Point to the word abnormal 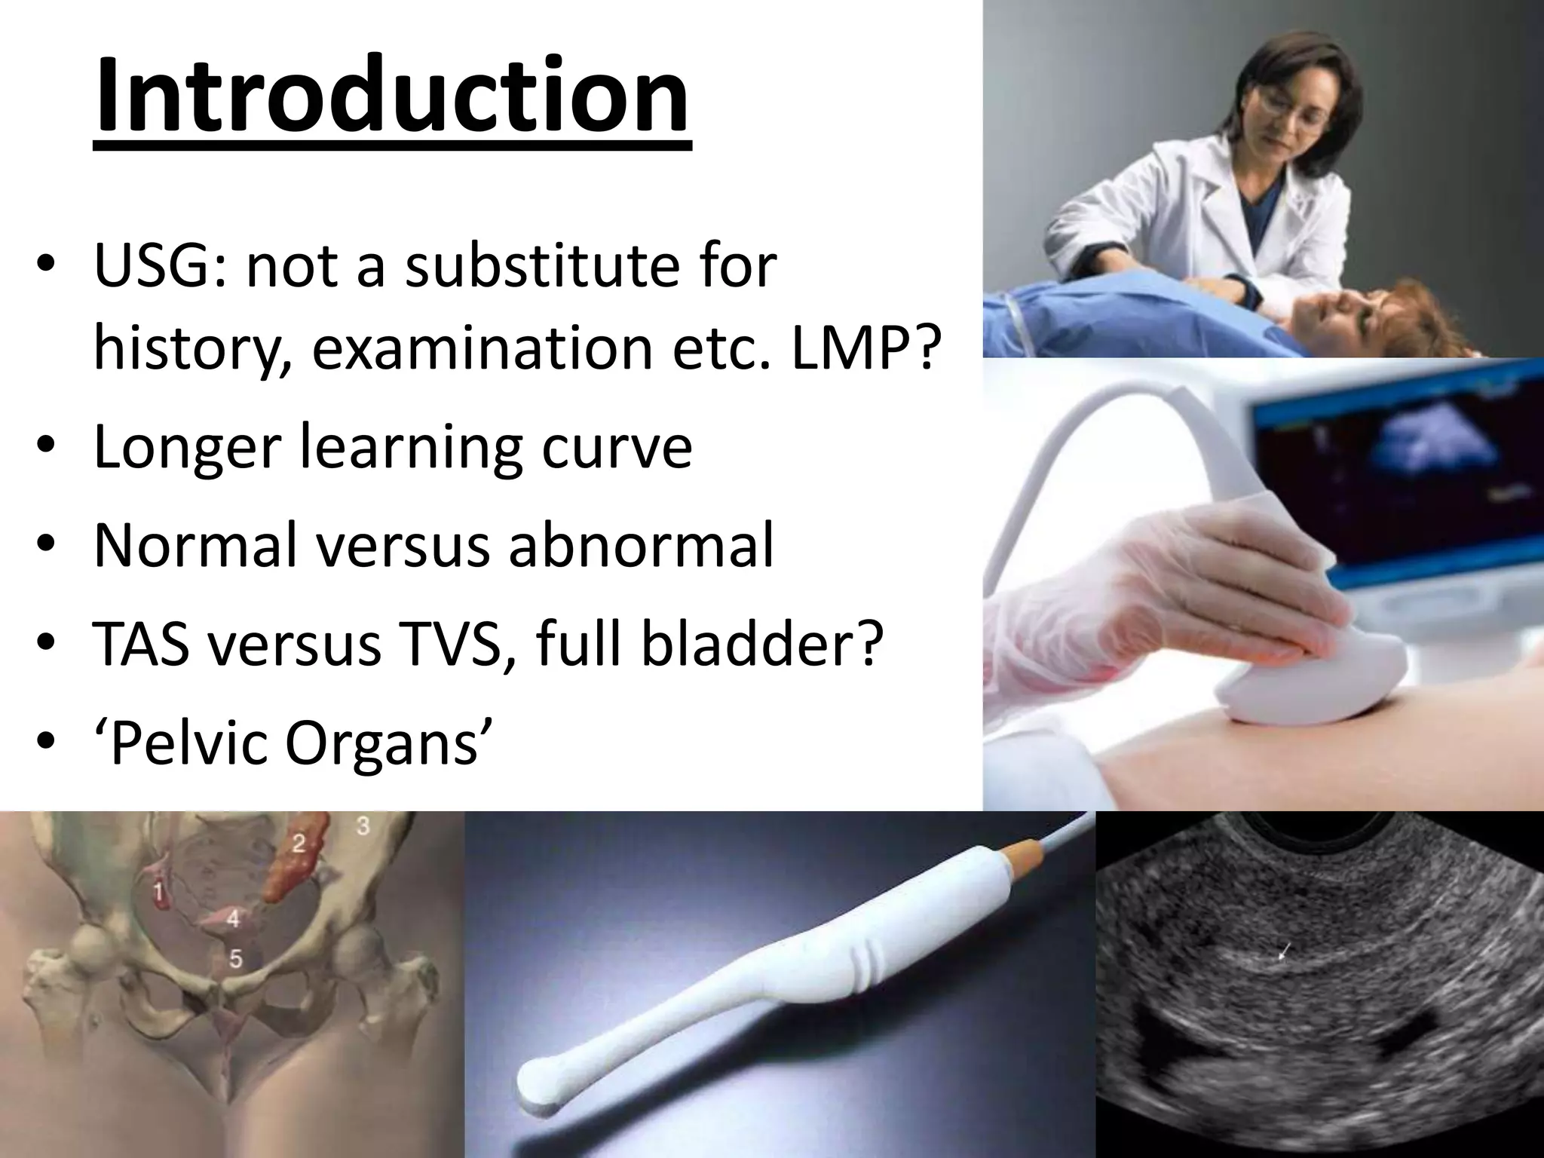[x=641, y=544]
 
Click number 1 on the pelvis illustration [x=158, y=893]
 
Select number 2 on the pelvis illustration [x=299, y=843]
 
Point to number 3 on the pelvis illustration [x=363, y=826]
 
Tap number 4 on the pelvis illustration [x=234, y=919]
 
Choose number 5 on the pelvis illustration [x=236, y=959]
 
